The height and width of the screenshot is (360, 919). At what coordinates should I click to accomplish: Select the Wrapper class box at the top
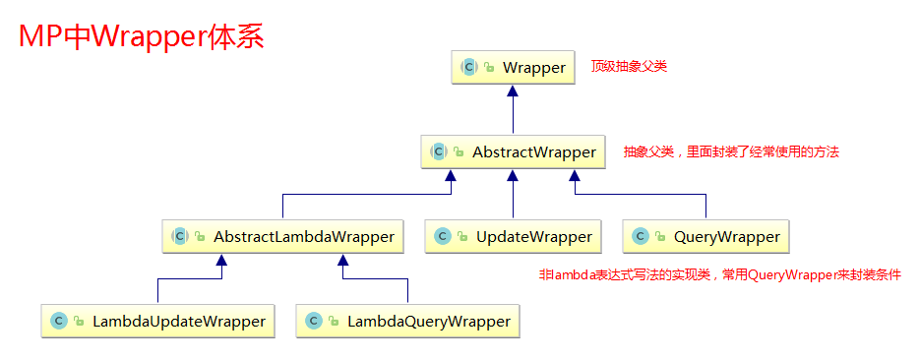click(513, 68)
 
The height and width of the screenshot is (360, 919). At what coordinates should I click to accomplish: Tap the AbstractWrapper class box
click(513, 152)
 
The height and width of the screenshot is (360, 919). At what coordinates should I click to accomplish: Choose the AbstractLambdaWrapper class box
click(281, 237)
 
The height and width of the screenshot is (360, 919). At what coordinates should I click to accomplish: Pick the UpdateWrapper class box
click(513, 237)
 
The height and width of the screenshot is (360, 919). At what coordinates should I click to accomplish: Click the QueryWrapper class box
click(705, 237)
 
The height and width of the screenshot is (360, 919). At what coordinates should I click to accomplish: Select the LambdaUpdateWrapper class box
click(157, 322)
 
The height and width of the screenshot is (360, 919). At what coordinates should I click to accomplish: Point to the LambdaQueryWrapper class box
click(407, 322)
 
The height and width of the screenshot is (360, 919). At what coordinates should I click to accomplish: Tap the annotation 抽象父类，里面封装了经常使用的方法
click(731, 152)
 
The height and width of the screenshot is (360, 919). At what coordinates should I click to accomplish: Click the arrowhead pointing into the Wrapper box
click(513, 91)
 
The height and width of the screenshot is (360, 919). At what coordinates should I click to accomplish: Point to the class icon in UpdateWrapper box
click(443, 237)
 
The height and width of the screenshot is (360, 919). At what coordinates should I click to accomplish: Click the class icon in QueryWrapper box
click(641, 237)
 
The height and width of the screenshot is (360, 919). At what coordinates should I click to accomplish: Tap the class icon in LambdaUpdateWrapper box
click(59, 322)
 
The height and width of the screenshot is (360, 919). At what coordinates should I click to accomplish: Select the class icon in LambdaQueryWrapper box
click(313, 322)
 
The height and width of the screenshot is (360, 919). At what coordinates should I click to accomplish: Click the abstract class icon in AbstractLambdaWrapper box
click(179, 237)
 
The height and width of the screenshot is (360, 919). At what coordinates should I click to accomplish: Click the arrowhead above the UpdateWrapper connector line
click(513, 176)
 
